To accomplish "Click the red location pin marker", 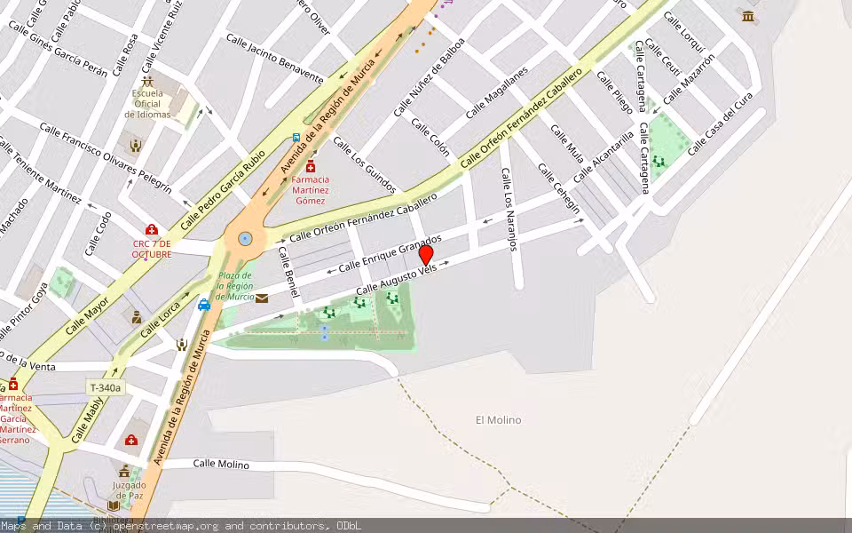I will pos(426,254).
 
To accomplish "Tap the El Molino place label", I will pos(499,420).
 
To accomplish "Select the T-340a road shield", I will pos(106,387).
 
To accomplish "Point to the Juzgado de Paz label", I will pos(129,490).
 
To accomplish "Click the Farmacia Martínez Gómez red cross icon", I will pos(311,167).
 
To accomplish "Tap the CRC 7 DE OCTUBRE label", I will pos(152,249).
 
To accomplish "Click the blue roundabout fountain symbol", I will pos(244,238).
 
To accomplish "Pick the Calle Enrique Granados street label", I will pos(390,253).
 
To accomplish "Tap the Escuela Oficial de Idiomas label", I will pos(147,104).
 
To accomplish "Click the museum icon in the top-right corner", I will pos(748,16).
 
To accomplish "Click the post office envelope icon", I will pos(262,298).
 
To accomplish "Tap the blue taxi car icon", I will pos(204,305).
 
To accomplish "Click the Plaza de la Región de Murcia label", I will pos(234,286).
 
